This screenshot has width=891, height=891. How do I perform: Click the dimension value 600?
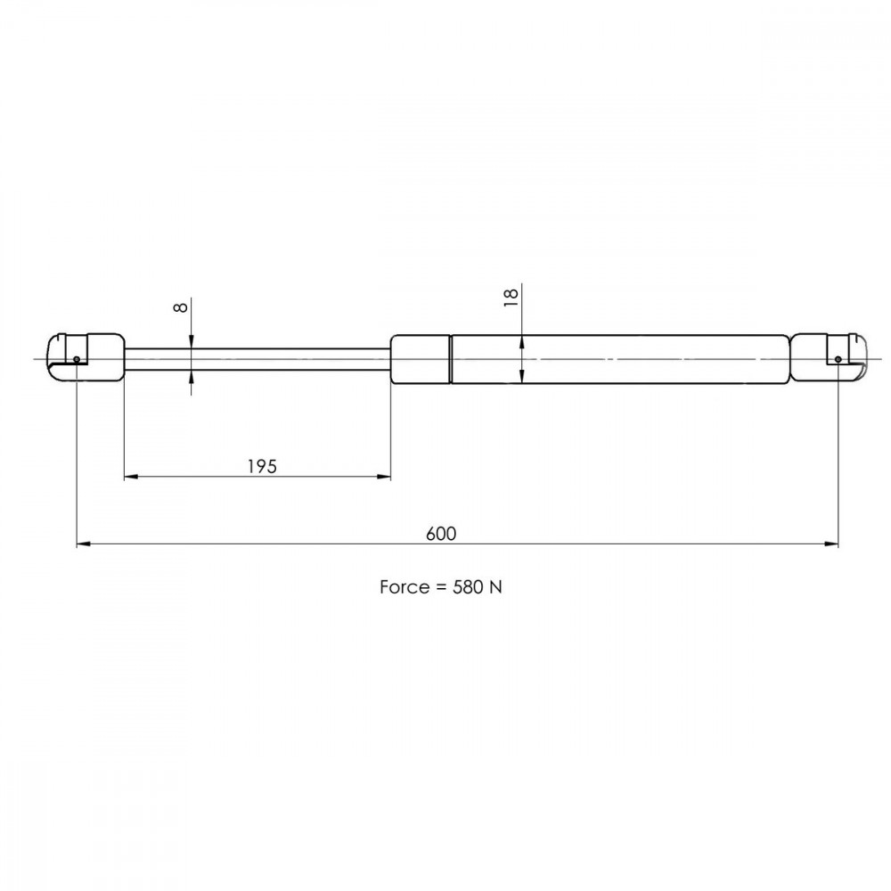click(441, 534)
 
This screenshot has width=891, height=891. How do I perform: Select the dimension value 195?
click(262, 467)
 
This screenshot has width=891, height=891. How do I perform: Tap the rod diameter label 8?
click(180, 307)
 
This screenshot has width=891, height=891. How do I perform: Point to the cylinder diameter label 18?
click(511, 298)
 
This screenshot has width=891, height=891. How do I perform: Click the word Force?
click(404, 587)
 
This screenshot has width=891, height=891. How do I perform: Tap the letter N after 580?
click(495, 587)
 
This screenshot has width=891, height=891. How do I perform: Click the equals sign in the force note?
click(441, 587)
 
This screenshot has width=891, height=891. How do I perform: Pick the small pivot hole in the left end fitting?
click(77, 359)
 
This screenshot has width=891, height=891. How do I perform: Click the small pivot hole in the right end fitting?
click(838, 359)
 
